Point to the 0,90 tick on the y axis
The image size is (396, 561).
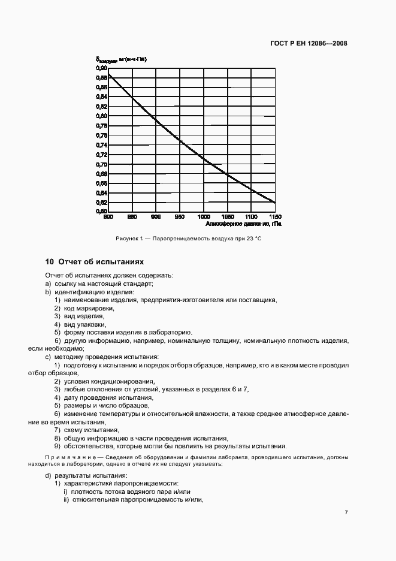[101, 68]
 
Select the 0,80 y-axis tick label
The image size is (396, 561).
[101, 116]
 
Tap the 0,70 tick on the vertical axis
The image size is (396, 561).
[101, 164]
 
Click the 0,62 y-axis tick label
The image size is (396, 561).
[101, 203]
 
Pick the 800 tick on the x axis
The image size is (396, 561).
[108, 216]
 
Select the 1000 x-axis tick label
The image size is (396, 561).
[204, 216]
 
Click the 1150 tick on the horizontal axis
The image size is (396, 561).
[275, 216]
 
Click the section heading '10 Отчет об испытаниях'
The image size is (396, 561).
[95, 262]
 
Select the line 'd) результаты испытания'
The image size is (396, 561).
[82, 475]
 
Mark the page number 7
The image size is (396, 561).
[346, 512]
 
